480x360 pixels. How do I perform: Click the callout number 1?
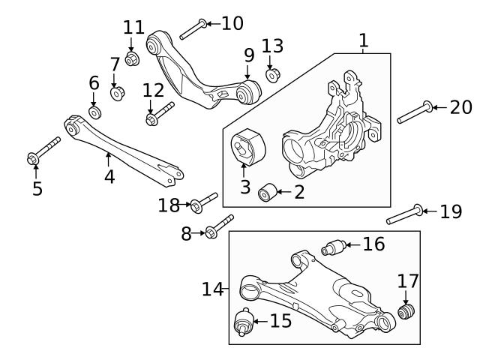click(x=363, y=40)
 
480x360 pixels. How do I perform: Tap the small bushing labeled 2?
click(x=265, y=193)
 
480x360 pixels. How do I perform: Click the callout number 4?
click(x=109, y=177)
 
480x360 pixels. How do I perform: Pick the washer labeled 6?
click(x=94, y=112)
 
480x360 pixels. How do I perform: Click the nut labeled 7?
click(x=116, y=93)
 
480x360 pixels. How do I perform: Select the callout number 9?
click(x=250, y=55)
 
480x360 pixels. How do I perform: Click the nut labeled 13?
click(x=273, y=74)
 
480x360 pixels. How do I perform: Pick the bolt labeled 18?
click(x=204, y=200)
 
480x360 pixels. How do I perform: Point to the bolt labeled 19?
click(x=405, y=214)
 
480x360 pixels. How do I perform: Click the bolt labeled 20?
click(x=414, y=111)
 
